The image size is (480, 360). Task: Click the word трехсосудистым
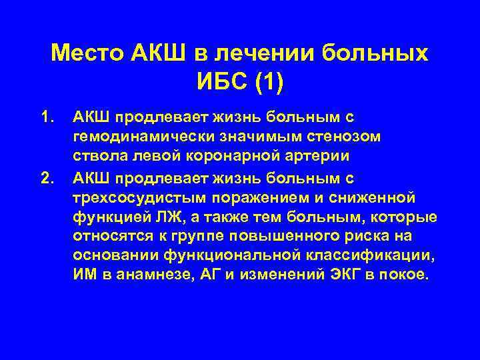[x=133, y=198]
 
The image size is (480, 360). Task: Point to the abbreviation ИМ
[x=84, y=277]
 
